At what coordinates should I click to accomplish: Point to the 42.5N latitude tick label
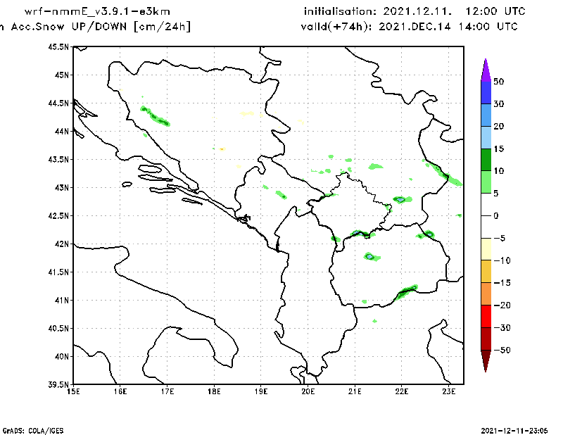[x=58, y=216]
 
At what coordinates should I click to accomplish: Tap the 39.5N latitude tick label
[x=58, y=385]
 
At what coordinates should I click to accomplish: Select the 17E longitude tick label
[x=167, y=391]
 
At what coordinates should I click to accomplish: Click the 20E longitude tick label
[x=308, y=391]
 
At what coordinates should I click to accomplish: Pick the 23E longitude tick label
[x=449, y=391]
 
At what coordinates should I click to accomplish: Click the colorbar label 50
[x=499, y=82]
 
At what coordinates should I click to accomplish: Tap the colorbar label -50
[x=502, y=350]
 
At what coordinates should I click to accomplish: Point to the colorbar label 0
[x=496, y=216]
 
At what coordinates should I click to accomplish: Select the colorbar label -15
[x=502, y=283]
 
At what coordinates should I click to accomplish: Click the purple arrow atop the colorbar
[x=486, y=70]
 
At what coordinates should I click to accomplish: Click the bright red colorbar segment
[x=486, y=317]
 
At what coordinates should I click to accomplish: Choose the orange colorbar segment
[x=486, y=294]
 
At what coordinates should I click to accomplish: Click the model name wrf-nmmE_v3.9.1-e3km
[x=97, y=11]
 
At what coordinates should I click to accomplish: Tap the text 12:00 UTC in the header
[x=495, y=11]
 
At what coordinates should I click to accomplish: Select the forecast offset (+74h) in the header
[x=348, y=27]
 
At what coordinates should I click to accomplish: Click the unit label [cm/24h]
[x=162, y=27]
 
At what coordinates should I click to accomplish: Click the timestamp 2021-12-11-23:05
[x=514, y=431]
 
